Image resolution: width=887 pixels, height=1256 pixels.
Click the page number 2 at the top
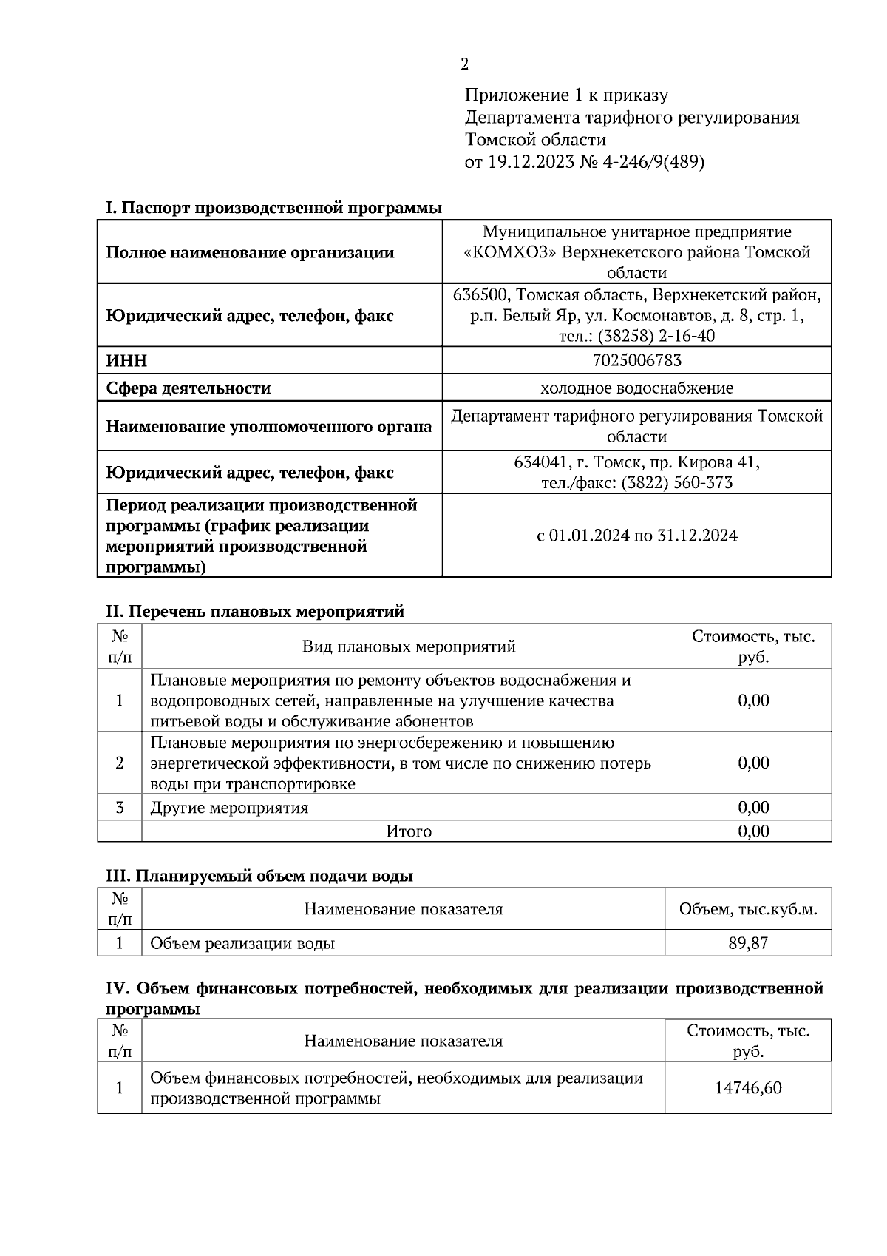point(464,64)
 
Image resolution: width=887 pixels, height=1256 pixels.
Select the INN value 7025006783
point(636,360)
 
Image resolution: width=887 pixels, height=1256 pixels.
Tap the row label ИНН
point(126,361)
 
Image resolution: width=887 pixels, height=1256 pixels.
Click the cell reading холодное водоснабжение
point(636,388)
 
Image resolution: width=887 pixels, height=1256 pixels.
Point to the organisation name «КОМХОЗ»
point(509,252)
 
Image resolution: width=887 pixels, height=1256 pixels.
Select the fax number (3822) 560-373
point(676,483)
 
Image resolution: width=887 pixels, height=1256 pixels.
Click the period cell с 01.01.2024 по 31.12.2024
point(636,536)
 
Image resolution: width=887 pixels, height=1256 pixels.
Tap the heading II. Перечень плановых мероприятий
point(255,612)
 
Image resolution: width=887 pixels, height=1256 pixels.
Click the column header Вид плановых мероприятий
point(408,646)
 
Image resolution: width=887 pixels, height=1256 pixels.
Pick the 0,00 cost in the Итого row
point(752,831)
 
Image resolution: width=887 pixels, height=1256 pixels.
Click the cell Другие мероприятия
point(229,808)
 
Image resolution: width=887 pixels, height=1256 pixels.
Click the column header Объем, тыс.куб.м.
point(747,909)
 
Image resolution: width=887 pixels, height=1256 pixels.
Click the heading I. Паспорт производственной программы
point(273,208)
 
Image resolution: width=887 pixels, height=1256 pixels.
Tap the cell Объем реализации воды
point(242,943)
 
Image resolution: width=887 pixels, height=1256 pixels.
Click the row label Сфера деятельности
point(188,388)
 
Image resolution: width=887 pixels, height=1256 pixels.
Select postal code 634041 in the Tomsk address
point(540,462)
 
